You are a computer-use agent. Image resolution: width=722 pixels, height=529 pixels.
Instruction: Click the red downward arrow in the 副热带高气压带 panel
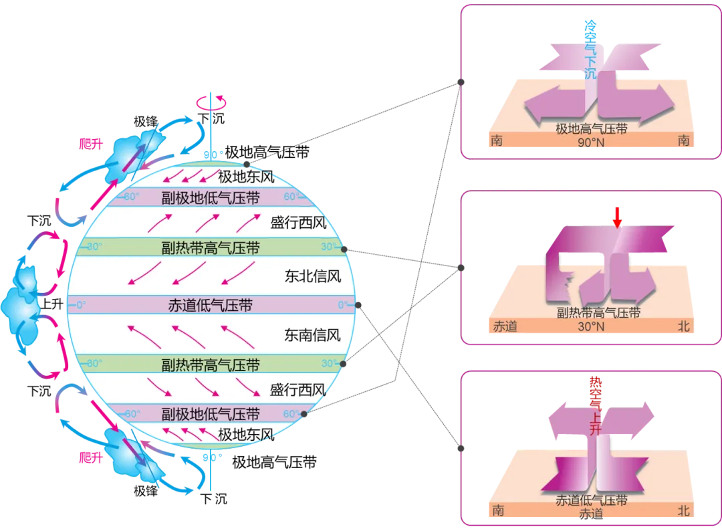click(617, 217)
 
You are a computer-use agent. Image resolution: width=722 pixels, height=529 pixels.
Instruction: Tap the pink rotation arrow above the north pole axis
click(211, 102)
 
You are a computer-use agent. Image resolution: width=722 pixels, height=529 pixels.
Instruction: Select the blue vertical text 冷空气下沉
click(590, 49)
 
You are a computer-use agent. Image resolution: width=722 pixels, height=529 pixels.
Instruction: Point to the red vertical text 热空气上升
click(596, 406)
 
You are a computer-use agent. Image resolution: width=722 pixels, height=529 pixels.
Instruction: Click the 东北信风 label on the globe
click(313, 276)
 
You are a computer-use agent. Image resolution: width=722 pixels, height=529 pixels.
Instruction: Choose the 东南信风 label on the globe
click(313, 335)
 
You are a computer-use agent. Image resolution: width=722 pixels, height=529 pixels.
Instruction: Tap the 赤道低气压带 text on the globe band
click(211, 305)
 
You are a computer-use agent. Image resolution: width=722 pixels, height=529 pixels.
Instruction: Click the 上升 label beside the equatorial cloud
click(52, 304)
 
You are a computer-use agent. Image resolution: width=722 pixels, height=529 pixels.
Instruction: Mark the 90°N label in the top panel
click(591, 142)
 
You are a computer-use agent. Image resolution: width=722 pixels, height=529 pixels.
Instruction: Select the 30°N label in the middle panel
click(591, 327)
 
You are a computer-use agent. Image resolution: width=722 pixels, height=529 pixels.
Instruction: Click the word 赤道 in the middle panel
click(505, 326)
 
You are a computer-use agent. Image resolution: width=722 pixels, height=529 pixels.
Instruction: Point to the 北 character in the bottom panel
click(684, 510)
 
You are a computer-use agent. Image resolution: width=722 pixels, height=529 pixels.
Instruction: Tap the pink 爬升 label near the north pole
click(91, 144)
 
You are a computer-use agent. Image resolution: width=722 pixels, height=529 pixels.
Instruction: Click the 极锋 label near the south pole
click(146, 491)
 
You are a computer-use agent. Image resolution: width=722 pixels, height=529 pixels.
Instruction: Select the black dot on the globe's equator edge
click(358, 305)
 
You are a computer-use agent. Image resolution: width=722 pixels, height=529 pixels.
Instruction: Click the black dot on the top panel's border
click(461, 82)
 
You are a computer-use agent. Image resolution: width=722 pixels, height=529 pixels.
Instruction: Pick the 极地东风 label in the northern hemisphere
click(246, 177)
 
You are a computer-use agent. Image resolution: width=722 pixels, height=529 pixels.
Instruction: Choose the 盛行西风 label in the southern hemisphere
click(298, 390)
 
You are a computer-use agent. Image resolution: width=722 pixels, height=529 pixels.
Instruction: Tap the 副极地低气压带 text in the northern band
click(211, 198)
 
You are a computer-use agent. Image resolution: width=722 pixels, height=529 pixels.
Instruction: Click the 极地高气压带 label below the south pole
click(275, 462)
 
